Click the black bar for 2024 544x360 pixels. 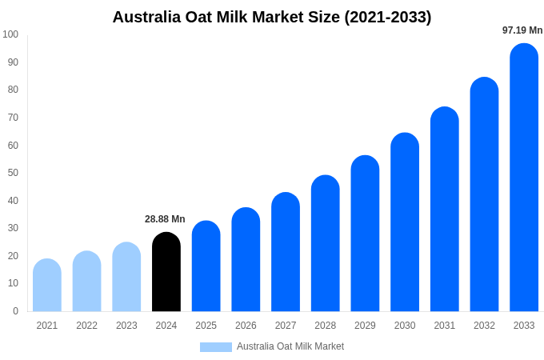click(166, 272)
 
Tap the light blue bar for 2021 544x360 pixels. click(47, 286)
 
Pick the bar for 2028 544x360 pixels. click(326, 243)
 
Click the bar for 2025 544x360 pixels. click(206, 266)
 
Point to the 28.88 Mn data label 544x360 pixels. click(165, 219)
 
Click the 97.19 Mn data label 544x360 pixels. click(522, 30)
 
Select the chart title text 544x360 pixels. click(272, 17)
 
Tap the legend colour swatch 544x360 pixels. click(216, 347)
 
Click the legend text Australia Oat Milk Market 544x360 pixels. click(290, 346)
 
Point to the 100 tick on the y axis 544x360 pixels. click(10, 34)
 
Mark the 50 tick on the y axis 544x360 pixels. click(13, 173)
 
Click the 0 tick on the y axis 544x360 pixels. click(15, 311)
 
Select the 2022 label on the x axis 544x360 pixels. click(87, 326)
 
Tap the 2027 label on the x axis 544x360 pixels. click(286, 326)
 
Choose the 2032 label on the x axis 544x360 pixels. click(484, 326)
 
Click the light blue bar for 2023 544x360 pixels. click(126, 277)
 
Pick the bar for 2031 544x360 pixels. click(445, 210)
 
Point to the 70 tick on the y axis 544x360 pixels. click(13, 118)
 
